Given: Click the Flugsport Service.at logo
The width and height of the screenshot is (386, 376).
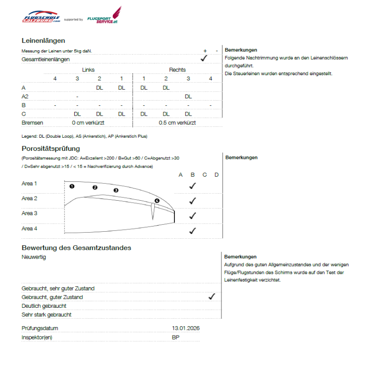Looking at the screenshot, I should (x=104, y=16).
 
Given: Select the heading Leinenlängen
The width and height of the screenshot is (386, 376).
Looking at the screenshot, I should (x=43, y=41).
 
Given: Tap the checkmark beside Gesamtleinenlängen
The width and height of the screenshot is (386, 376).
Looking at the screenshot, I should (x=204, y=58).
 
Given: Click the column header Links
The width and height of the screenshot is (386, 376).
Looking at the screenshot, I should (x=88, y=70).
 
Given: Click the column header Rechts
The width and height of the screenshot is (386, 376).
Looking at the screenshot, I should (x=177, y=70).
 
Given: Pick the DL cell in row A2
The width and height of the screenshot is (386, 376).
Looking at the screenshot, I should (x=188, y=96).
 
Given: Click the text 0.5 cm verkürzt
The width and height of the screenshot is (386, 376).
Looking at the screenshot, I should (x=177, y=123).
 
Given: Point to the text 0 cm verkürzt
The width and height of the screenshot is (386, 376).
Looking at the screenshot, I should (x=88, y=123).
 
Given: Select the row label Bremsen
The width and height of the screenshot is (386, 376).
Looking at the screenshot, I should (x=32, y=123).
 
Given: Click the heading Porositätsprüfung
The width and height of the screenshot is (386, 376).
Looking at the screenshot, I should (x=51, y=149).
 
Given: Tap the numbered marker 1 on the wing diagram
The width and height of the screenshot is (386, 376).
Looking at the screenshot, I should (x=72, y=186).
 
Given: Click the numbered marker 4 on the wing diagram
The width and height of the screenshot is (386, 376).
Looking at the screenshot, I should (x=157, y=201).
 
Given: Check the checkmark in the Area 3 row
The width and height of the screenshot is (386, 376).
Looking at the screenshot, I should (x=192, y=216).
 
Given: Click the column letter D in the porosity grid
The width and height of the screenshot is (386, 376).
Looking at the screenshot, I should (x=217, y=175).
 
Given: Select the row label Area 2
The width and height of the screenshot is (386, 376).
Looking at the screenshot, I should (x=29, y=198).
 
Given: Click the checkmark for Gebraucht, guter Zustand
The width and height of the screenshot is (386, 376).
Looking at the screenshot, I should (x=212, y=297).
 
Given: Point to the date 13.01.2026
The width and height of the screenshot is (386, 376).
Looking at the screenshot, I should (x=186, y=328).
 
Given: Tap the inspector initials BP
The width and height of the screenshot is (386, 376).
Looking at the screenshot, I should (x=175, y=337).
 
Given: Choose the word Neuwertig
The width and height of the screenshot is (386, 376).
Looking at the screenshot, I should (x=34, y=257).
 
